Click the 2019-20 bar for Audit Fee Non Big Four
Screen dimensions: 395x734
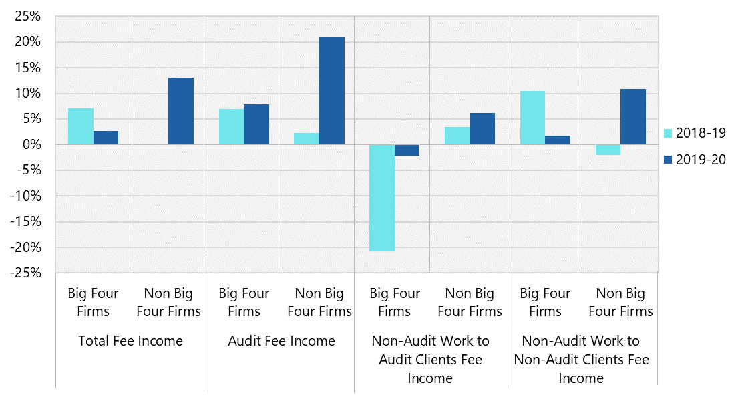[x=332, y=91]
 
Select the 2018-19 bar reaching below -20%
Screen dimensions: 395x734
[x=382, y=198]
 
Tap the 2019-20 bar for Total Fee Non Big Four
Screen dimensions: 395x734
[x=181, y=111]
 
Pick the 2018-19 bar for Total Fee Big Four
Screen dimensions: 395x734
[x=81, y=126]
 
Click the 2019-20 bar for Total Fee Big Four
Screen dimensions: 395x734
[x=106, y=138]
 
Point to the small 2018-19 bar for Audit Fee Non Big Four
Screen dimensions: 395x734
[x=307, y=139]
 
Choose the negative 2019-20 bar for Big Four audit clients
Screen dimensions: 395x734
[x=407, y=150]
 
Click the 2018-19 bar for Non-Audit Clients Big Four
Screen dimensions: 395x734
[x=532, y=118]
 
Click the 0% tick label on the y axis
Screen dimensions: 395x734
[x=30, y=145]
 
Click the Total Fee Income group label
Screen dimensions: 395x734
[x=130, y=341]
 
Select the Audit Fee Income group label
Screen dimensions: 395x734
[x=281, y=341]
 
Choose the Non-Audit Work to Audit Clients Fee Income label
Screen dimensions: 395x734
[x=430, y=360]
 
